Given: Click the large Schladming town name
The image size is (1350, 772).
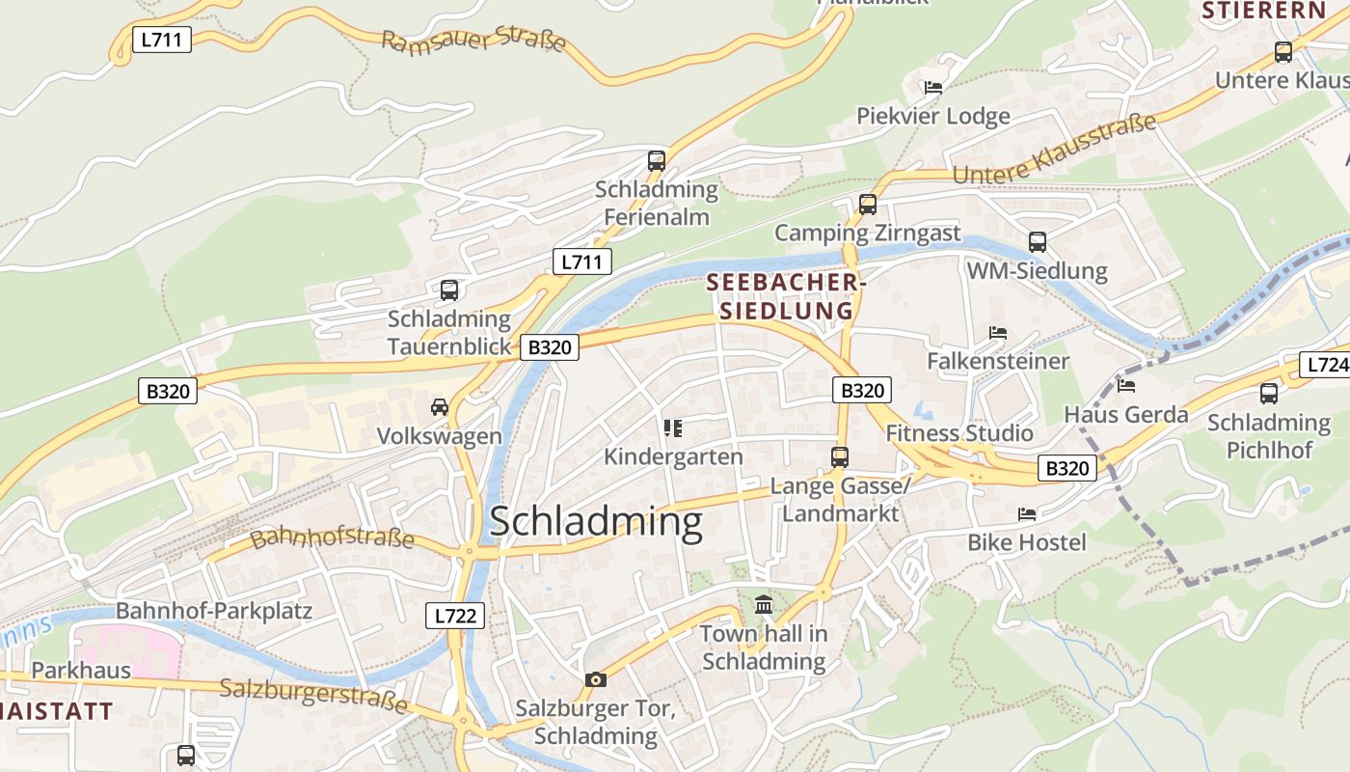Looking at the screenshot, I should (x=596, y=522).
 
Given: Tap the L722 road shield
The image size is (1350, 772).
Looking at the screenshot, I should (x=455, y=615).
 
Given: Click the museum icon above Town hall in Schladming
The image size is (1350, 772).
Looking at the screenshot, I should (x=764, y=605).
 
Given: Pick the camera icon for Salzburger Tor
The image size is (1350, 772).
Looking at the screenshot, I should (x=596, y=679).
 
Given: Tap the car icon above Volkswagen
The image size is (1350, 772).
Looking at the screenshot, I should (x=440, y=406).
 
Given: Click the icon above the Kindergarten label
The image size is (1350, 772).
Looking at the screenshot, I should (x=673, y=427).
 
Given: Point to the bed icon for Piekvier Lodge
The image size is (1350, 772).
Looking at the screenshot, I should (x=932, y=88).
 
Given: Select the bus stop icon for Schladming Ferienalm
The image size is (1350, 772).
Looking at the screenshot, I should (x=657, y=160).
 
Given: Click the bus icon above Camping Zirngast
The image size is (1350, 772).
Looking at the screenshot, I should (x=868, y=204).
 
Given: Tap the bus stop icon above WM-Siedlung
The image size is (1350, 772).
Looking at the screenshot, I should (x=1038, y=241).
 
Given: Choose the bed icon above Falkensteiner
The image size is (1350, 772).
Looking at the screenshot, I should (x=998, y=333).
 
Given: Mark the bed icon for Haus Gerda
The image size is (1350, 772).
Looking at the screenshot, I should (x=1126, y=386).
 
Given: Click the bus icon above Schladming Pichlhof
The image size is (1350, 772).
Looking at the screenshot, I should (x=1269, y=393).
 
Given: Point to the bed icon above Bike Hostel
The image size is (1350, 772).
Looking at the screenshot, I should (x=1027, y=514).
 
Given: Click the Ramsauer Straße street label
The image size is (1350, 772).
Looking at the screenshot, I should (x=472, y=42).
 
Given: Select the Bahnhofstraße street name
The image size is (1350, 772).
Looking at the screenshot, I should (x=332, y=538).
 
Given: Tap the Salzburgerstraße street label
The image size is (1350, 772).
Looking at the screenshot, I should (x=313, y=695).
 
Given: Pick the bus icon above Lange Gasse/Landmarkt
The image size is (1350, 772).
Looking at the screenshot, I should (x=840, y=456).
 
